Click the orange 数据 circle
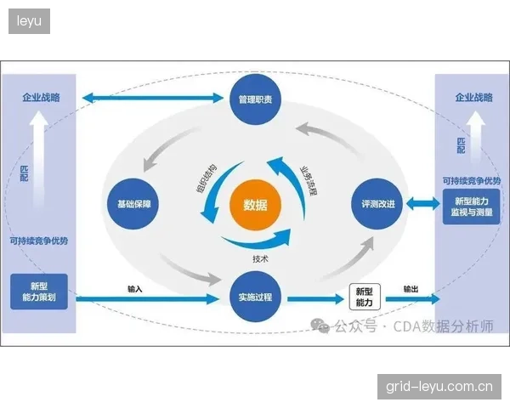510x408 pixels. (x=255, y=205)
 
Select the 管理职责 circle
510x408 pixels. (x=255, y=99)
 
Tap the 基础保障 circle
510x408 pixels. (x=133, y=204)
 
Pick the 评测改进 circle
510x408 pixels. (x=377, y=204)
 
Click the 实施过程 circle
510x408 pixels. (x=255, y=297)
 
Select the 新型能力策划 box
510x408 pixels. (x=39, y=292)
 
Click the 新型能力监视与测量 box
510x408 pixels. (x=471, y=207)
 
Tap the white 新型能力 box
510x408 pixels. (x=365, y=297)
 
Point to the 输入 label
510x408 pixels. (x=134, y=289)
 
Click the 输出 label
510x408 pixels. (x=411, y=289)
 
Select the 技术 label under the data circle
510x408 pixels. (x=260, y=259)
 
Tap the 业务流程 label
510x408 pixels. (x=308, y=181)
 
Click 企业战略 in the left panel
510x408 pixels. (x=41, y=97)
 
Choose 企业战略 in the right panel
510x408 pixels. (x=474, y=97)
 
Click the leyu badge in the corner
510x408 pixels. (x=29, y=21)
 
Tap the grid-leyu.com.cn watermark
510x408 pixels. (x=439, y=387)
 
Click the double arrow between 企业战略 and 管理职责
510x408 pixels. (x=153, y=98)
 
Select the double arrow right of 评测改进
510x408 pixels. (x=422, y=204)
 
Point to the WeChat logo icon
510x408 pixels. (x=320, y=326)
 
